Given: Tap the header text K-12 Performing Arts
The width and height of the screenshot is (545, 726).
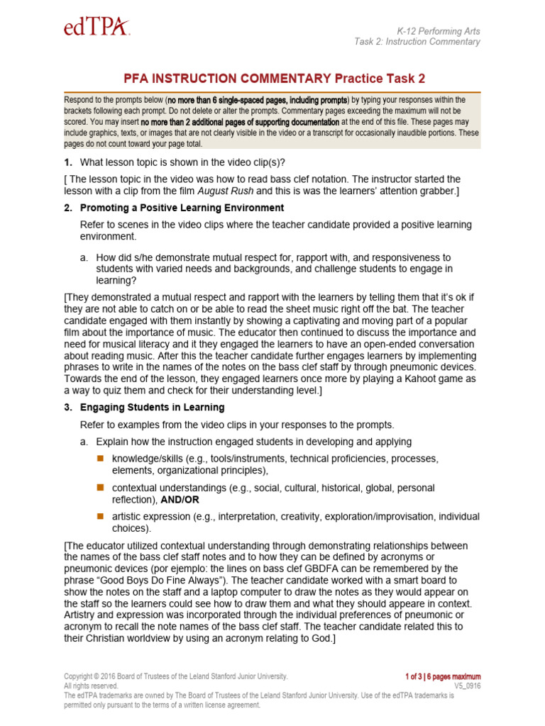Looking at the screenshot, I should [438, 31].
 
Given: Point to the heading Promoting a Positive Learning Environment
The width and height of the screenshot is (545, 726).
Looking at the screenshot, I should [182, 208].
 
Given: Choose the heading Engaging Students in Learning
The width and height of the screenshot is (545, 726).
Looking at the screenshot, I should [152, 407].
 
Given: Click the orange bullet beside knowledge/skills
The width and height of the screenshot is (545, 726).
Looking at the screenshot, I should [100, 458].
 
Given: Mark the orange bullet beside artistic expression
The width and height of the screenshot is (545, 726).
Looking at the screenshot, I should [100, 517].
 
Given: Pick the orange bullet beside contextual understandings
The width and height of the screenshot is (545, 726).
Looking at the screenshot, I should [100, 488].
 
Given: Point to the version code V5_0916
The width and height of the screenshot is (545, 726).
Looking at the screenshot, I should [467, 686].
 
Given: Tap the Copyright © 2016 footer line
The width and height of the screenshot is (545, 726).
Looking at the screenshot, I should [175, 676].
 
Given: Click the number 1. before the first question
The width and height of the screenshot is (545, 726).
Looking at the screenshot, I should [69, 162].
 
